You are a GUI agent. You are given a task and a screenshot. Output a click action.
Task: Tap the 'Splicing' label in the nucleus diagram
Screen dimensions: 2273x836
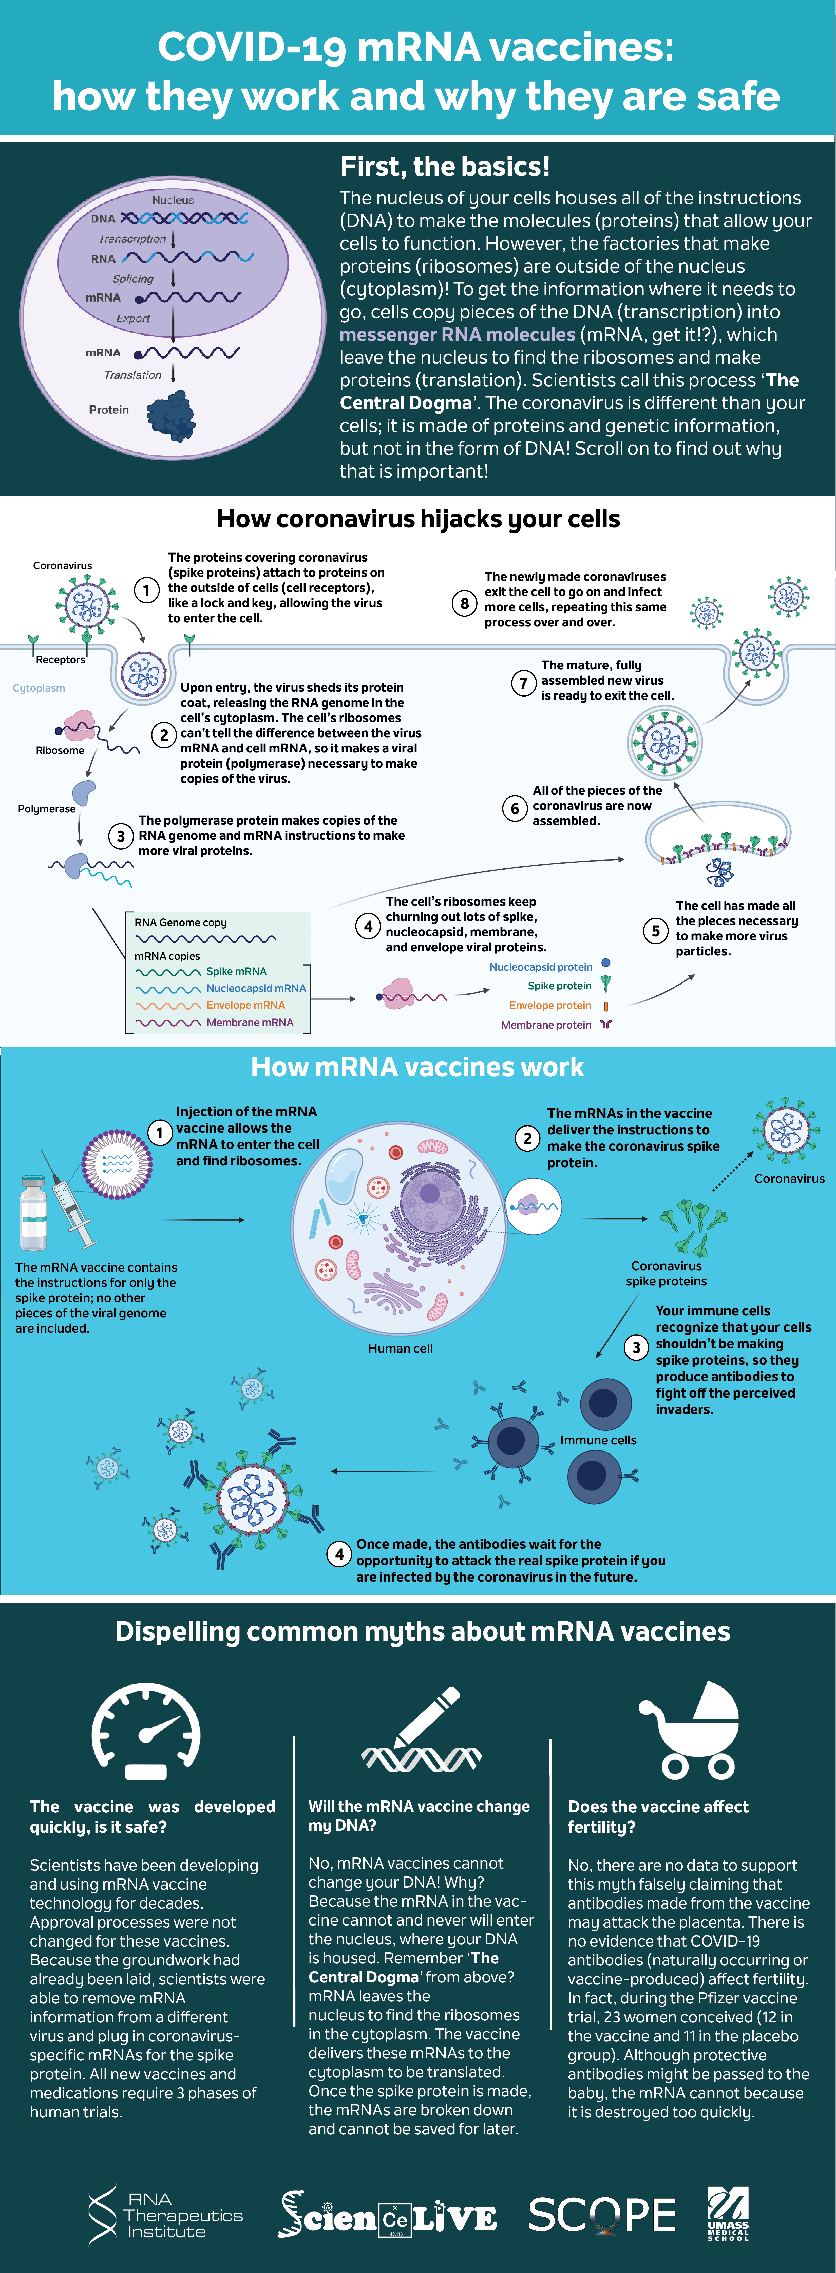pyautogui.click(x=132, y=279)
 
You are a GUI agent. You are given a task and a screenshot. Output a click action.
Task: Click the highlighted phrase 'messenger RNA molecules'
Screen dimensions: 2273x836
pyautogui.click(x=457, y=334)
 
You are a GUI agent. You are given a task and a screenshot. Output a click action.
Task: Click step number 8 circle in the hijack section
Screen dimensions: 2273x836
pyautogui.click(x=464, y=604)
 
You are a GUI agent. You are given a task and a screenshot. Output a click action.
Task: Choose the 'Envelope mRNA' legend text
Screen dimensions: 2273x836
pyautogui.click(x=245, y=1005)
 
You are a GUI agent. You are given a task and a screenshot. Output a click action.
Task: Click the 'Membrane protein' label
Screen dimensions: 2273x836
pyautogui.click(x=546, y=1025)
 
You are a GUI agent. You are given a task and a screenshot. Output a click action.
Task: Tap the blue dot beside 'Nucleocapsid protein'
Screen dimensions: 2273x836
pyautogui.click(x=605, y=964)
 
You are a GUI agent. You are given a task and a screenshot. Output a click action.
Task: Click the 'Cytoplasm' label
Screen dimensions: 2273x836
pyautogui.click(x=39, y=688)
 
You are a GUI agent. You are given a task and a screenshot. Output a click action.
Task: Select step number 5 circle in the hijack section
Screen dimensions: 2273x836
pyautogui.click(x=655, y=931)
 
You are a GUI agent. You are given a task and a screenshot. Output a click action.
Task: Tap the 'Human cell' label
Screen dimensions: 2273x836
pyautogui.click(x=400, y=1348)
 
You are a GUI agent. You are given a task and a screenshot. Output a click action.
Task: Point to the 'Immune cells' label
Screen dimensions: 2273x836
pyautogui.click(x=598, y=1440)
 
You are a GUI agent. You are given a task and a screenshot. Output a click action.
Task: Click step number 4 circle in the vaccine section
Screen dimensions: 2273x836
pyautogui.click(x=339, y=1554)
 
